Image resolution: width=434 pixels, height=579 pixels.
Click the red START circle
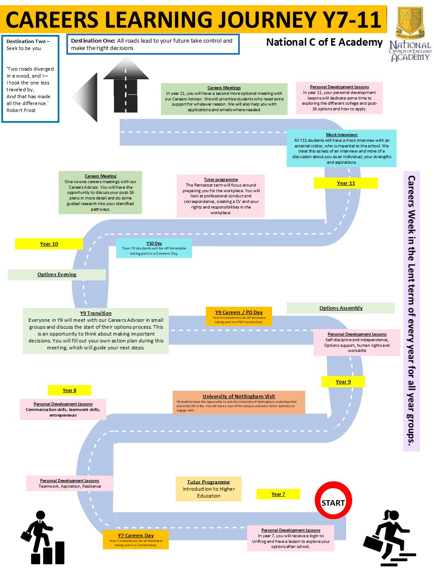pyautogui.click(x=333, y=501)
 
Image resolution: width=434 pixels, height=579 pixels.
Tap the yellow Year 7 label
pyautogui.click(x=278, y=494)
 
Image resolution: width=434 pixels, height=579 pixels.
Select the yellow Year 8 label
pyautogui.click(x=69, y=390)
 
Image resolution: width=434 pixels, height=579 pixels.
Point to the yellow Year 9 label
pyautogui.click(x=343, y=382)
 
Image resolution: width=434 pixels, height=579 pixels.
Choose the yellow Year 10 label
pyautogui.click(x=49, y=244)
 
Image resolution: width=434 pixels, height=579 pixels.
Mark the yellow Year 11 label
pyautogui.click(x=346, y=183)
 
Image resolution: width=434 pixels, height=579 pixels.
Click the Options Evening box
pyautogui.click(x=57, y=274)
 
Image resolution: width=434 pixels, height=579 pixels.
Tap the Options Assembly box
pyautogui.click(x=341, y=308)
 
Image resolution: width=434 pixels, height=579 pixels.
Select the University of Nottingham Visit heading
pyautogui.click(x=239, y=396)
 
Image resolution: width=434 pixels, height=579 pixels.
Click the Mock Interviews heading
pyautogui.click(x=341, y=135)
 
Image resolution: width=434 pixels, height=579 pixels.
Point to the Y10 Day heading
pyautogui.click(x=154, y=243)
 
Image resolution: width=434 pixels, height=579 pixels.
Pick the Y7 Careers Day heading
pyautogui.click(x=136, y=535)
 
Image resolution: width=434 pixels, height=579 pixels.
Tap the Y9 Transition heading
pyautogui.click(x=96, y=313)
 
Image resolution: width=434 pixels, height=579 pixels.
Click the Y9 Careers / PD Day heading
pyautogui.click(x=239, y=312)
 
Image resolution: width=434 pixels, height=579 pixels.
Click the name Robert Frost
pyautogui.click(x=21, y=110)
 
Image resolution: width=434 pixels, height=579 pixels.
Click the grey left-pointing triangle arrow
pyautogui.click(x=86, y=97)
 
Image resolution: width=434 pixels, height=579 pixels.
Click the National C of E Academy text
pyautogui.click(x=324, y=42)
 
